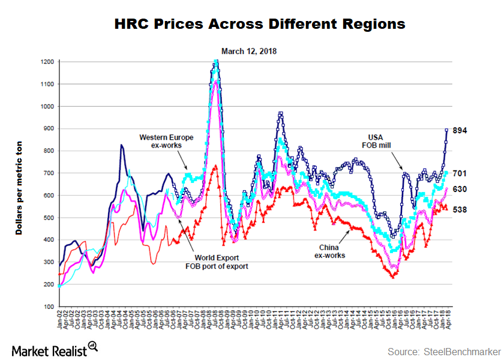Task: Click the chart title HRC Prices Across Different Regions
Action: pos(260,23)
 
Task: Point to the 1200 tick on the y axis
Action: pos(47,62)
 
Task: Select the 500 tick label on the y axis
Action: pos(49,218)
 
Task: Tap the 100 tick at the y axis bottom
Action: pos(49,307)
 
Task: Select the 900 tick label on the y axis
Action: pos(49,128)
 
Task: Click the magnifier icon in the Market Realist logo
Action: pos(92,345)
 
